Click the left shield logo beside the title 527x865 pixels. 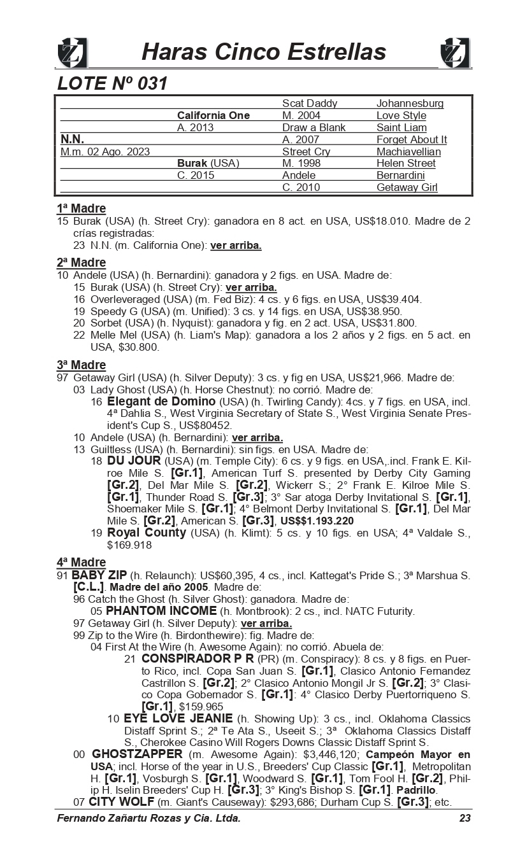(72, 52)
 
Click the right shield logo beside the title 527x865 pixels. (455, 52)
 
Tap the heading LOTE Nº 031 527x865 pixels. (112, 83)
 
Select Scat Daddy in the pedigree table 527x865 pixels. (310, 103)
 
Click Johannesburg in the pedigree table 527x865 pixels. (410, 103)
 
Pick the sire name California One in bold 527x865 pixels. (213, 115)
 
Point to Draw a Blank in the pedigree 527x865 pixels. (314, 127)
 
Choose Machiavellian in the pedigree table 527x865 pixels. (408, 151)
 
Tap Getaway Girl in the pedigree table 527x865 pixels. (407, 187)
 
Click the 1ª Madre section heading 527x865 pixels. (81, 208)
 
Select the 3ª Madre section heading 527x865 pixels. (81, 365)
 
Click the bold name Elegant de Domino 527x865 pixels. (161, 402)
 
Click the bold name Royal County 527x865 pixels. (147, 532)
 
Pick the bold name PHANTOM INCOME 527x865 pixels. (161, 610)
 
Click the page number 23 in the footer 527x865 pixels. (465, 818)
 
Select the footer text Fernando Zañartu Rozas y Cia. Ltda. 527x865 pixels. (148, 818)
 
